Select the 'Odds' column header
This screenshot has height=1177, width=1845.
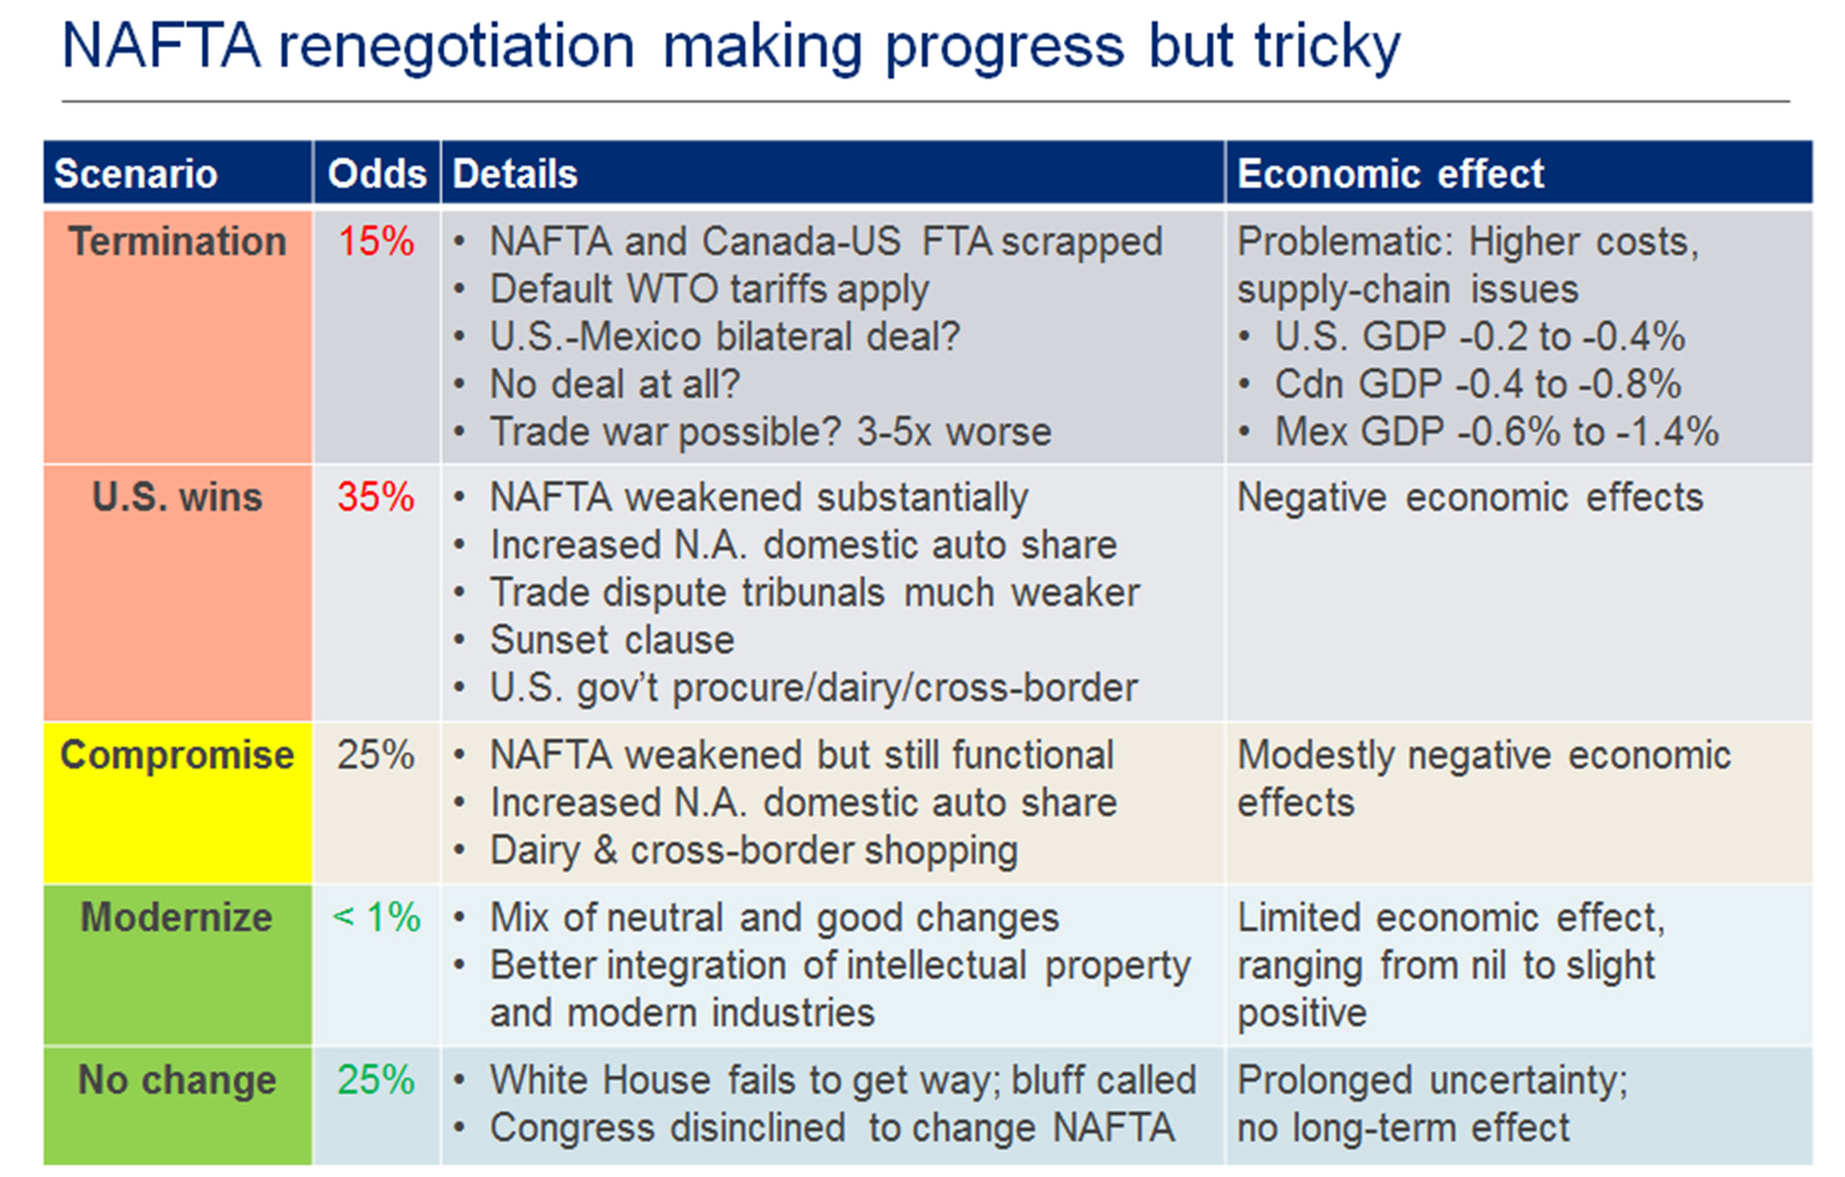[x=377, y=174]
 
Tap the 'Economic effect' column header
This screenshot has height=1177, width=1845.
[x=1390, y=174]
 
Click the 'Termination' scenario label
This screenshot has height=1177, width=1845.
[x=177, y=242]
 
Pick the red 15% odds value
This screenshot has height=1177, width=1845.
[x=377, y=242]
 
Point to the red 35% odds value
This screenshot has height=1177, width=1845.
[x=377, y=498]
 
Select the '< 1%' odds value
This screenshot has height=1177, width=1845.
[x=377, y=918]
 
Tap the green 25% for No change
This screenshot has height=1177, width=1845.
[x=377, y=1081]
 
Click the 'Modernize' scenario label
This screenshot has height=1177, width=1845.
[x=177, y=918]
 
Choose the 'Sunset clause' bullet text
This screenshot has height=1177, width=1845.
[x=612, y=640]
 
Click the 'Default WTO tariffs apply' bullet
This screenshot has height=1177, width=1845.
[x=708, y=290]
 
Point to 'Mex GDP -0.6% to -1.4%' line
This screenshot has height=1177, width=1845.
[x=1496, y=432]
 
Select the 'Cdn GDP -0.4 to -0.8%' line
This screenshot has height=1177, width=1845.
[x=1478, y=385]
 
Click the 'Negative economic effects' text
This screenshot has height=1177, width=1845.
[x=1470, y=498]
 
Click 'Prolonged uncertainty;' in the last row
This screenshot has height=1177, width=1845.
[x=1431, y=1081]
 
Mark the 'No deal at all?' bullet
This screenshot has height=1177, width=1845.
[x=614, y=385]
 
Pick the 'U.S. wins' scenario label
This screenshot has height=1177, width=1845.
[x=177, y=498]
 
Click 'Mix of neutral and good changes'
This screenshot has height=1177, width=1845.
[x=774, y=918]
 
